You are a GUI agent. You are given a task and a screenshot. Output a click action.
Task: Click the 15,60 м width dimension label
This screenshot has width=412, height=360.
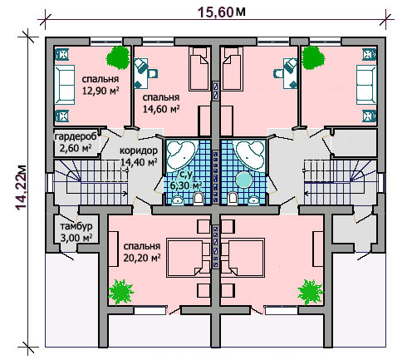[221, 12]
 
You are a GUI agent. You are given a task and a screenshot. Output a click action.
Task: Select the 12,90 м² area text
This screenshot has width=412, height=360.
[101, 91]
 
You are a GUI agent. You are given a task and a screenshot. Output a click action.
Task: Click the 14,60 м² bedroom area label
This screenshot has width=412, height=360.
[161, 109]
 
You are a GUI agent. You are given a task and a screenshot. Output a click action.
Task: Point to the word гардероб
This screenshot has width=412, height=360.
[76, 136]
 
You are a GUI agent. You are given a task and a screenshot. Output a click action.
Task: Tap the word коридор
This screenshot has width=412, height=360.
[139, 150]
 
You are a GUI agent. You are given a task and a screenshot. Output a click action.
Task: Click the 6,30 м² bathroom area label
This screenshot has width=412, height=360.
[186, 185]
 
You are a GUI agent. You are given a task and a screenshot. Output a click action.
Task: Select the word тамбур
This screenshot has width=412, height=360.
[76, 226]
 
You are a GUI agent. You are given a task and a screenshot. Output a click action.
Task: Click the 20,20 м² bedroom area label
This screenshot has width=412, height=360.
[142, 258]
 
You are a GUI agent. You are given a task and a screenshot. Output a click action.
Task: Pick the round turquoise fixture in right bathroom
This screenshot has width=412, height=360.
[244, 180]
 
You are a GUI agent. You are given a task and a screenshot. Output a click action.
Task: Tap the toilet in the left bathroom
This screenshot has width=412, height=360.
[198, 199]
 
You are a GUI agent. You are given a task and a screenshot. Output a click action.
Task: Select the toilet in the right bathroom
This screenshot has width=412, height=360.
[233, 199]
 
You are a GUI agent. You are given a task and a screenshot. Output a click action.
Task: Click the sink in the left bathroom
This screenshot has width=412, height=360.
[178, 200]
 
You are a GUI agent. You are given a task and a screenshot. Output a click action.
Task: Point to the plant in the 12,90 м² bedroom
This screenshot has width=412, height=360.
[118, 57]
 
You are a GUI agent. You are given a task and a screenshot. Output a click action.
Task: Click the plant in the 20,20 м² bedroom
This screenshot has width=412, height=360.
[121, 292]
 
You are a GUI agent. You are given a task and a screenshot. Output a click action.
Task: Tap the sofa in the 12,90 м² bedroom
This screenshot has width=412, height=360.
[65, 85]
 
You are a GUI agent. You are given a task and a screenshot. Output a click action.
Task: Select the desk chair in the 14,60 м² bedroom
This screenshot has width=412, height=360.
[153, 73]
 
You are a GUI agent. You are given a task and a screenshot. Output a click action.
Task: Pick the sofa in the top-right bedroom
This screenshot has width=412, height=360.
[366, 85]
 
